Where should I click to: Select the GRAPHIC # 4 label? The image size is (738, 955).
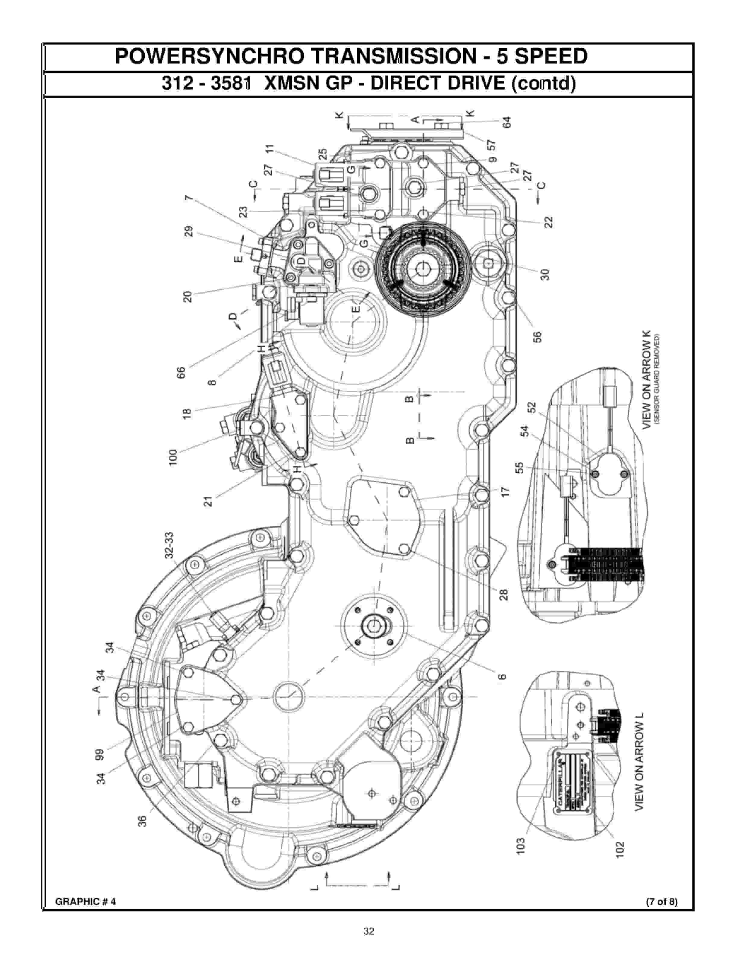click(86, 902)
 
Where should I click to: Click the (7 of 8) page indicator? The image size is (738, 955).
click(662, 902)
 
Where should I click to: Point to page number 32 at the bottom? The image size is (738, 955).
click(369, 931)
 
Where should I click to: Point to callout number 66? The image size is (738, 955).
click(181, 373)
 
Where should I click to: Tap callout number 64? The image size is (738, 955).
click(507, 122)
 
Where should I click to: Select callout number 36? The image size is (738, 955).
click(142, 821)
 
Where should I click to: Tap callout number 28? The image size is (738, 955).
click(504, 595)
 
